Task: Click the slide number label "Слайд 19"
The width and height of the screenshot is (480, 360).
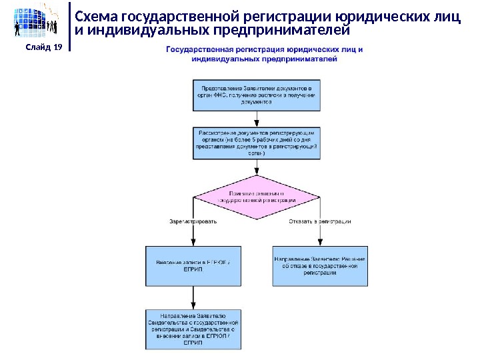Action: click(x=43, y=47)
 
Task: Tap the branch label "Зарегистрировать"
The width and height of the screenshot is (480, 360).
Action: click(x=193, y=221)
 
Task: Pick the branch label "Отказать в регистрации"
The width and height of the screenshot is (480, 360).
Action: click(x=320, y=221)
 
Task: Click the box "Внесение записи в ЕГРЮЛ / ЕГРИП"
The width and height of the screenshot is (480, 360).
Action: click(x=193, y=266)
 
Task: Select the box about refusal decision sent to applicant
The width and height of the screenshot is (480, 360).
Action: click(x=320, y=266)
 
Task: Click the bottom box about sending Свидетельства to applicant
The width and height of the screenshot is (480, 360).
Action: click(x=193, y=328)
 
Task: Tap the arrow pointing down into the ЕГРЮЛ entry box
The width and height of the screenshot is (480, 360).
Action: click(x=193, y=237)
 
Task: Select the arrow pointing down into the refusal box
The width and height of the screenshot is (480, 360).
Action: click(x=320, y=237)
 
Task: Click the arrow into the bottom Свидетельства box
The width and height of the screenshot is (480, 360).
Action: click(x=193, y=297)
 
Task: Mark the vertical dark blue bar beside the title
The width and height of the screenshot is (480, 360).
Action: click(x=70, y=27)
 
